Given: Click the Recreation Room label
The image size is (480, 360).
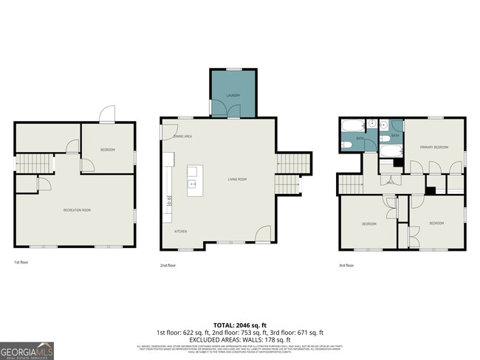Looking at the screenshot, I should click(x=76, y=210).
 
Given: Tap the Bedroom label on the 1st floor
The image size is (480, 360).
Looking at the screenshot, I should click(x=108, y=150).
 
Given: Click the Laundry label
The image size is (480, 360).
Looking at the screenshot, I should click(x=233, y=96).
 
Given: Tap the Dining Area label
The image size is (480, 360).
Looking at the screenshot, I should click(x=182, y=136).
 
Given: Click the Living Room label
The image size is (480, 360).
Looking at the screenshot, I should click(x=236, y=179).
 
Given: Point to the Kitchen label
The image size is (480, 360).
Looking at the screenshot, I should click(x=180, y=231).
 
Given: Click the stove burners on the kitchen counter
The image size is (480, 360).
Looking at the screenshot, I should click(x=169, y=198).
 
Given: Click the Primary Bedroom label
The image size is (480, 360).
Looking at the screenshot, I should click(x=434, y=148).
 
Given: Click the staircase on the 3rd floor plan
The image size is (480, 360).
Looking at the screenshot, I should click(x=350, y=184).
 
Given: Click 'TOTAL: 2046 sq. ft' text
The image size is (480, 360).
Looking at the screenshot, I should click(x=240, y=325).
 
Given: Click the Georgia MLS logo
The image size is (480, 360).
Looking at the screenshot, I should click(x=27, y=350).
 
